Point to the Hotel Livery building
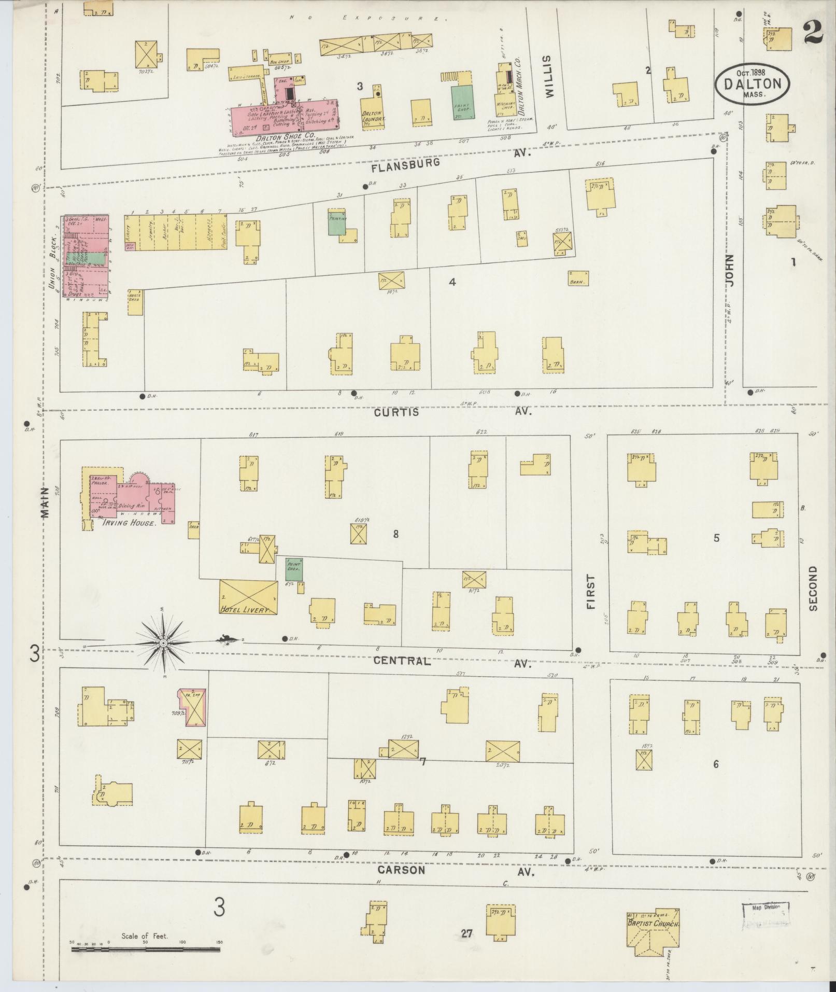[248, 597]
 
